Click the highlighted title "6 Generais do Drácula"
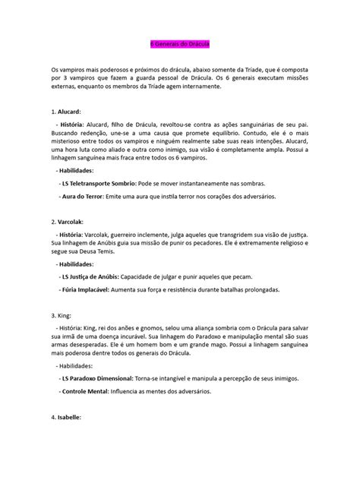[x=180, y=44]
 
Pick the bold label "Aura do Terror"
[x=84, y=197]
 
